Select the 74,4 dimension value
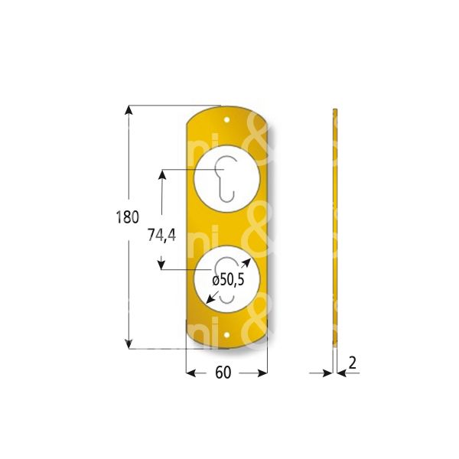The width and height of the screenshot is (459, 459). pyautogui.click(x=162, y=236)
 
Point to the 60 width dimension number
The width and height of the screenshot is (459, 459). pyautogui.click(x=223, y=373)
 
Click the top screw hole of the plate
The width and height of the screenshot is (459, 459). pyautogui.click(x=228, y=120)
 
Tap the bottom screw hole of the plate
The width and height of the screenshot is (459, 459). pyautogui.click(x=228, y=335)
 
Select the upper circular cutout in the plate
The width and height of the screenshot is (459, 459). pyautogui.click(x=228, y=181)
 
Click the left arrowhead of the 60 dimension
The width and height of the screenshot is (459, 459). pyautogui.click(x=191, y=373)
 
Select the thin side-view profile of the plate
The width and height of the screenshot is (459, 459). pyautogui.click(x=335, y=229)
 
